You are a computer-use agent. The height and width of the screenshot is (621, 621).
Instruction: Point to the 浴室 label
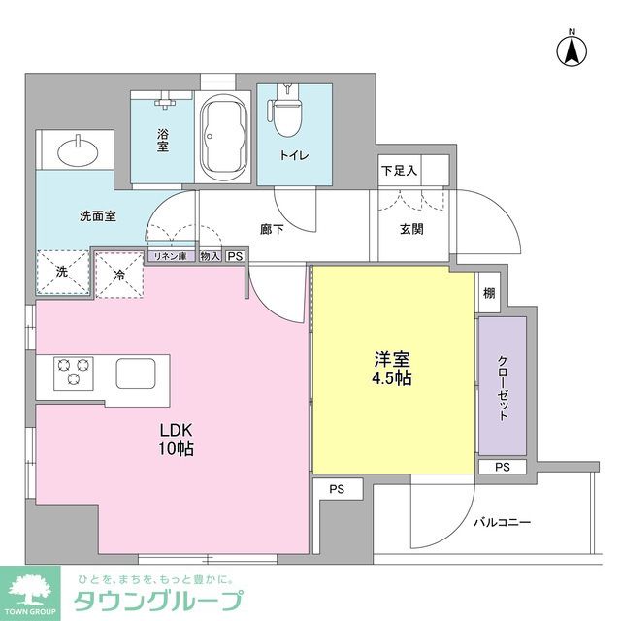point(164,141)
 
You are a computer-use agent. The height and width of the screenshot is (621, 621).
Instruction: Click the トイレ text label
point(292,154)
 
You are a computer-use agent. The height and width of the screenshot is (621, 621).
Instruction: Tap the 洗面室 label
point(98,215)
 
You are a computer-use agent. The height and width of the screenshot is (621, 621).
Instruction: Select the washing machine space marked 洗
point(60,273)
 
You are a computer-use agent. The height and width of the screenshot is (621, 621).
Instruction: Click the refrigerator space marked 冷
point(119,274)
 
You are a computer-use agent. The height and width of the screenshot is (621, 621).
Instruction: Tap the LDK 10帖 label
point(176,439)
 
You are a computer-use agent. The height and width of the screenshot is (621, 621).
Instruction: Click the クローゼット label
point(503,386)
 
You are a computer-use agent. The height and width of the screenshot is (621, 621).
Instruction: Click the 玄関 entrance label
point(410,230)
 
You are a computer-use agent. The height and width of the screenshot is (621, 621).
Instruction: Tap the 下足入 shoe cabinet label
point(400,171)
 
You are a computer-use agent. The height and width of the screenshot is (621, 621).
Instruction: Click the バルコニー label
point(503,523)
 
